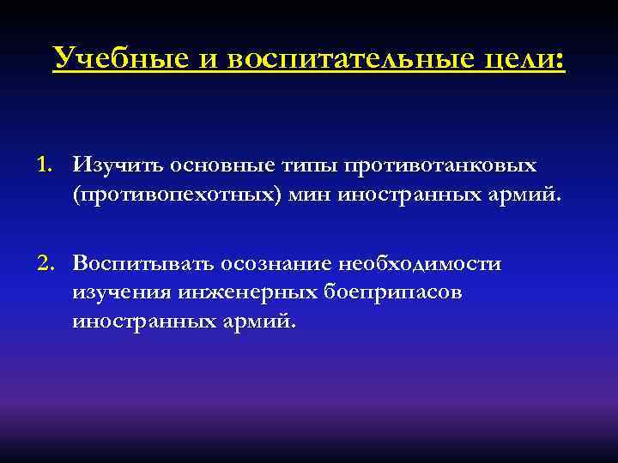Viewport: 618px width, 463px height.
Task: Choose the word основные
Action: (x=199, y=163)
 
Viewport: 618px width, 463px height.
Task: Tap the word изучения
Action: (x=122, y=294)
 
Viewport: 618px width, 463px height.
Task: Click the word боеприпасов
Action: (x=391, y=294)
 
